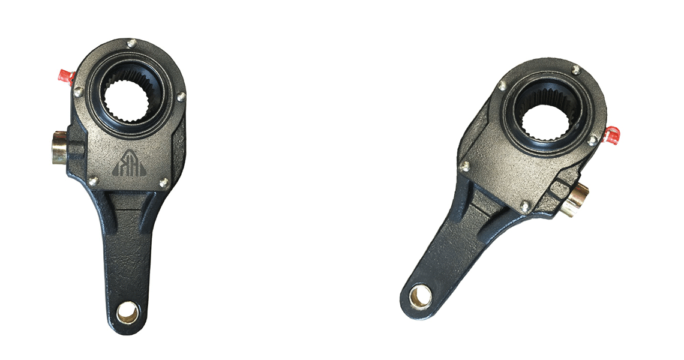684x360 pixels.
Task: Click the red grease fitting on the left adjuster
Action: pos(64,76)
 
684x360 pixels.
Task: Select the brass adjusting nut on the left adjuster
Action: pos(60,147)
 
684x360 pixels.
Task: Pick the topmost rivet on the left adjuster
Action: pos(131,43)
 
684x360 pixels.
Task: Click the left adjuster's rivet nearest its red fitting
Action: pos(78,91)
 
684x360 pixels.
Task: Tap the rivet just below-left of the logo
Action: pos(93,180)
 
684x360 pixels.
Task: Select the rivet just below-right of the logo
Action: pos(163,181)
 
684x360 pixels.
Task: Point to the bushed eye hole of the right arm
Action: pos(420,296)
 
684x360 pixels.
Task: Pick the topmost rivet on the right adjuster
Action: pos(575,70)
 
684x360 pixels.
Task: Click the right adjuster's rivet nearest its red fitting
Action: pos(593,140)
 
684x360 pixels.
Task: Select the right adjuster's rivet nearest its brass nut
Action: pos(525,205)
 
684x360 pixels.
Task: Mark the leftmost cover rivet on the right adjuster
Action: pos(464,166)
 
